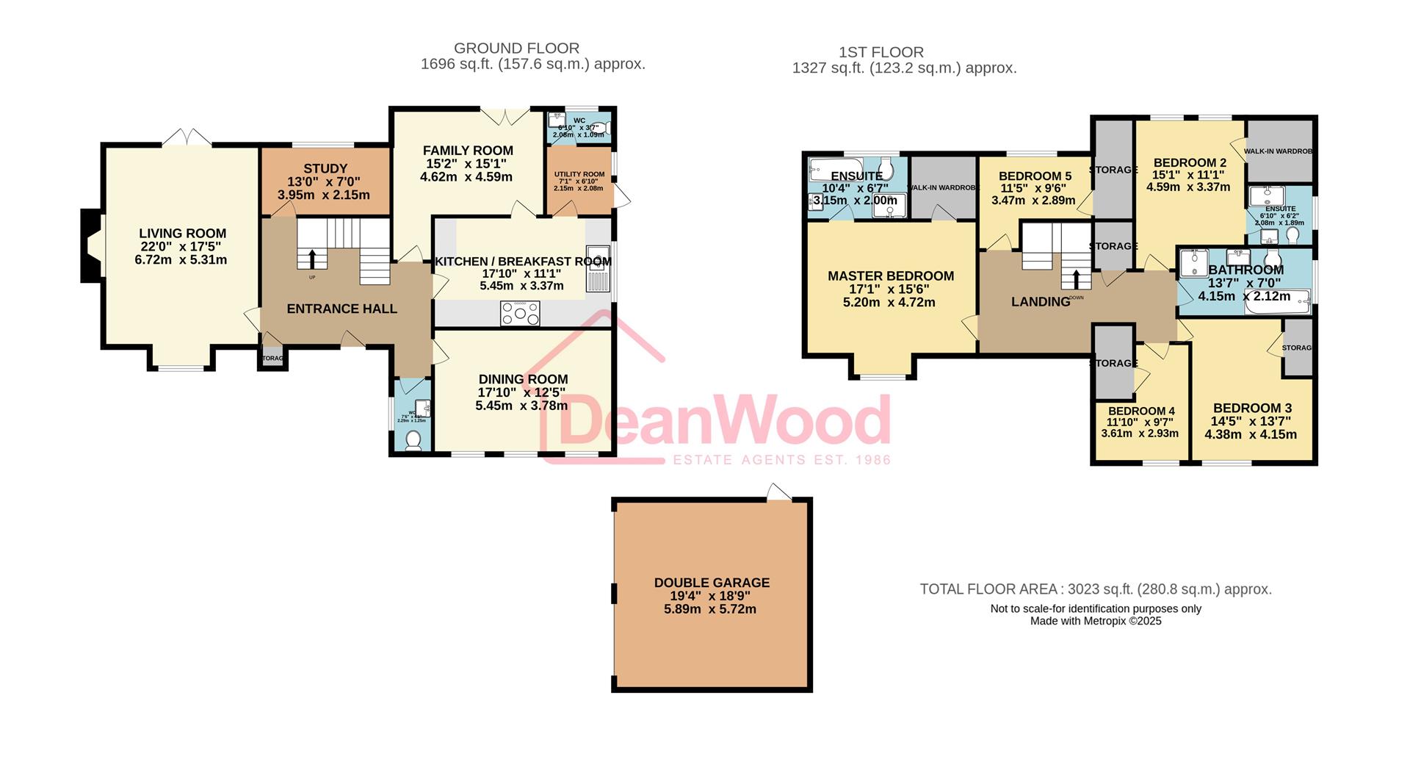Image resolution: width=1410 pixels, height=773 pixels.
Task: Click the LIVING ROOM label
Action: (x=182, y=234)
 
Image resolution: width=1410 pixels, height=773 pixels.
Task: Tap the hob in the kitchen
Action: (x=520, y=314)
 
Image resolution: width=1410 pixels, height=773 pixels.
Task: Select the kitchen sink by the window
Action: (x=598, y=269)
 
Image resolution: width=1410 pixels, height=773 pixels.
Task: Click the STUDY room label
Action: (x=325, y=168)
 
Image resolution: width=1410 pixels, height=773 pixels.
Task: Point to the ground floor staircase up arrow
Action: (x=312, y=259)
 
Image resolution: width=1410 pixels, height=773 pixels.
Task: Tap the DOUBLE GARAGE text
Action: (x=712, y=583)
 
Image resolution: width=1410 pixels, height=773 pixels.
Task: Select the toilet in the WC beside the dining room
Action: (x=413, y=440)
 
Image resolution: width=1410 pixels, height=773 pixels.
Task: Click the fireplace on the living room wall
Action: (x=91, y=245)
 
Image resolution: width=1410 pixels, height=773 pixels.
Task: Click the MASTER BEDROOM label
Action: (x=890, y=276)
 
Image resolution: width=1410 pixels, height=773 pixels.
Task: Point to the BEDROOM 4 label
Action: (x=1141, y=411)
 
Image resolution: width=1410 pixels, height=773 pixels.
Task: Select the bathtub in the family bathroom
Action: (x=1278, y=301)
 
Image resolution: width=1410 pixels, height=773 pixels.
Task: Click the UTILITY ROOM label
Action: (x=579, y=174)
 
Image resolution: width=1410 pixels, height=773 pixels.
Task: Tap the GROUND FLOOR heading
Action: (x=516, y=48)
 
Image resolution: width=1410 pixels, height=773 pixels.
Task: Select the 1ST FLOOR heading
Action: (x=881, y=52)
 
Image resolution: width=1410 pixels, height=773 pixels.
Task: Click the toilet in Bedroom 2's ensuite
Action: (x=1292, y=234)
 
